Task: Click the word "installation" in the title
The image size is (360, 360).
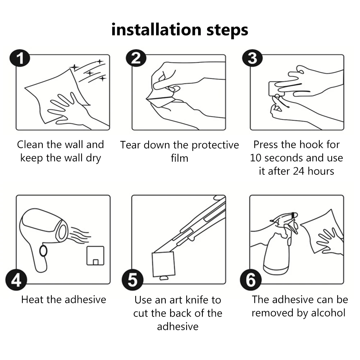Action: (156, 29)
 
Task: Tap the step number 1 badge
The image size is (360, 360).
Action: (20, 58)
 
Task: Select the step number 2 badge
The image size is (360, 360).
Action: (136, 58)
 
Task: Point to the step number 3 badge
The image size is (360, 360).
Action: (252, 58)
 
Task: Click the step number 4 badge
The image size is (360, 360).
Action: (16, 280)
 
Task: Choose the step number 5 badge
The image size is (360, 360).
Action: (132, 280)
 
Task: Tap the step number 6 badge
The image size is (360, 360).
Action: (251, 280)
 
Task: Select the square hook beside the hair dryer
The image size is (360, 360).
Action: (95, 256)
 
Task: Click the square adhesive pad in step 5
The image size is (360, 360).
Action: (164, 264)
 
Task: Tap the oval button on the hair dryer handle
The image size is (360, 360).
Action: (43, 251)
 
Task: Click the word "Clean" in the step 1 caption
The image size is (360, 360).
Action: (30, 145)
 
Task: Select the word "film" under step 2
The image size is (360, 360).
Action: (179, 158)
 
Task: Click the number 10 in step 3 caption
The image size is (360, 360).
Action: (256, 158)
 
